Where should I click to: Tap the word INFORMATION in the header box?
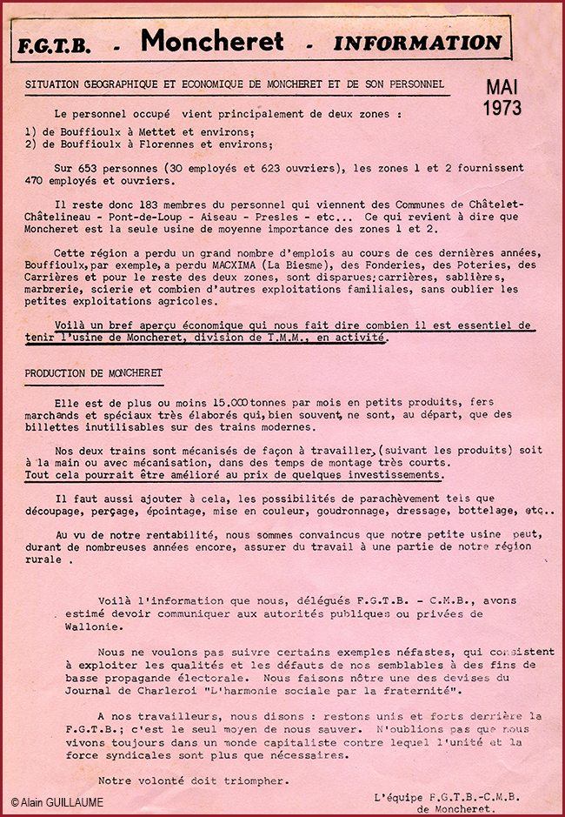[x=418, y=42]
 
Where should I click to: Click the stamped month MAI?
[x=502, y=88]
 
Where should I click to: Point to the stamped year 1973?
[x=502, y=108]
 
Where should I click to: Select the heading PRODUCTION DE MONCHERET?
[x=93, y=372]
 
